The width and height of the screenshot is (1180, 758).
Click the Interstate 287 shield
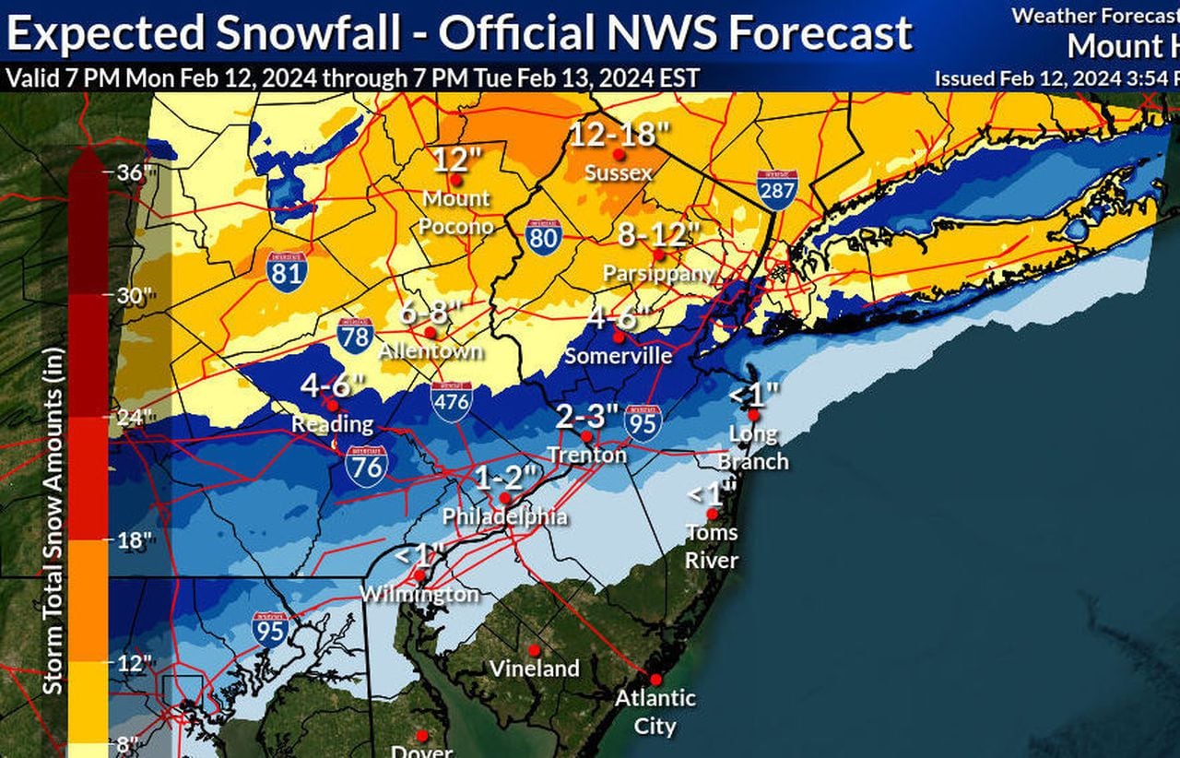(777, 190)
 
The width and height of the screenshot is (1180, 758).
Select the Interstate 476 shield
(452, 401)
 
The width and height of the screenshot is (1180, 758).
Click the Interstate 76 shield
(366, 466)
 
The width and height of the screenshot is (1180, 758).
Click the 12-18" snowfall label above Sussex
(619, 134)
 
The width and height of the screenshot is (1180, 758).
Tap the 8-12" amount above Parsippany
(659, 234)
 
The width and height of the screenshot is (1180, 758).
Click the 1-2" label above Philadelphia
(505, 478)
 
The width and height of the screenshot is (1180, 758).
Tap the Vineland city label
(534, 668)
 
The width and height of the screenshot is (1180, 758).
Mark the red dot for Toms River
(712, 514)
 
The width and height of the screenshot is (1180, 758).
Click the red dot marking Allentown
(430, 332)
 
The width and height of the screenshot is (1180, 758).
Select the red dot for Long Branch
(753, 415)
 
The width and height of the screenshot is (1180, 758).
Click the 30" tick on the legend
(132, 295)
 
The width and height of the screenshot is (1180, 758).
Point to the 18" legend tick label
(132, 540)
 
